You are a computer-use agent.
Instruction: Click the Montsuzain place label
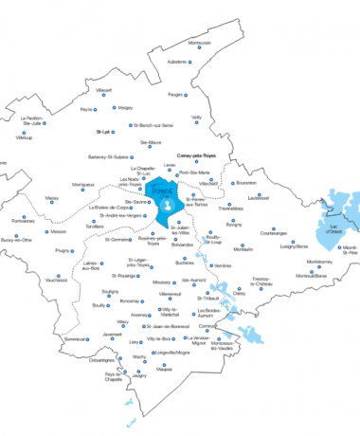[x=199, y=43]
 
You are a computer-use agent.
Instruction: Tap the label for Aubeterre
[x=177, y=62]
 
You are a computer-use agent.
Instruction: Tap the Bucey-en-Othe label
[x=16, y=240]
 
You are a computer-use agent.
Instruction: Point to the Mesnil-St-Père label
[x=343, y=251]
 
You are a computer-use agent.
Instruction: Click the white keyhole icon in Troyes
[x=170, y=204]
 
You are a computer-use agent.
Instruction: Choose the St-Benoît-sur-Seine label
[x=154, y=125]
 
